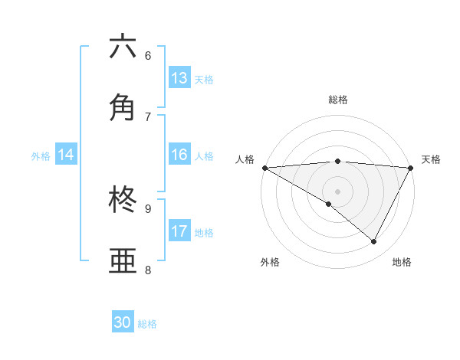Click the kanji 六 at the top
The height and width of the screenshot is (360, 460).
click(123, 47)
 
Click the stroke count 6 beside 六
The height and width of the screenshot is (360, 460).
click(148, 55)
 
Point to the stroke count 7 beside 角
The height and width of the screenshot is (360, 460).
click(148, 116)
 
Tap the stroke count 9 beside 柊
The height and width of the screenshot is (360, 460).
click(148, 208)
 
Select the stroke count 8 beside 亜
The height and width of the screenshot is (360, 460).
click(148, 270)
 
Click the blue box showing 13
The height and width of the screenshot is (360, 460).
click(179, 78)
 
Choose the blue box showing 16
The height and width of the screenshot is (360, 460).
click(179, 155)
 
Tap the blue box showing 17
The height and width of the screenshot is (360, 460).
click(179, 231)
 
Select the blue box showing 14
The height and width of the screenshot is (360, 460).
click(66, 155)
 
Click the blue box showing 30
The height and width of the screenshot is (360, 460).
click(123, 322)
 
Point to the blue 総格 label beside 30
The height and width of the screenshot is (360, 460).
click(148, 324)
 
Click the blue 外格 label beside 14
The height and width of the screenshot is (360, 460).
click(41, 156)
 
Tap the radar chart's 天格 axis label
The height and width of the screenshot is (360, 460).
click(431, 159)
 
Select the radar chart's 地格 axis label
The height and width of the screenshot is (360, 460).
click(402, 262)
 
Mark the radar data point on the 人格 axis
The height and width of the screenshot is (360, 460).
click(264, 167)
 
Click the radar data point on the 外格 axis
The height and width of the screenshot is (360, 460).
click(329, 204)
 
